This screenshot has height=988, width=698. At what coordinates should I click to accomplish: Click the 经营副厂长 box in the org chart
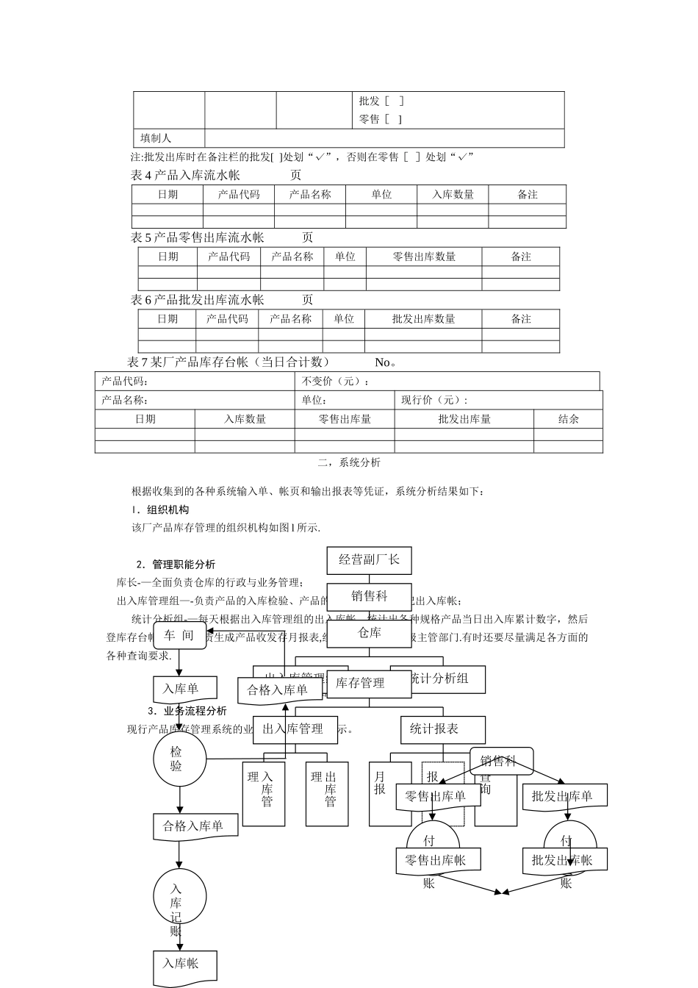click(369, 560)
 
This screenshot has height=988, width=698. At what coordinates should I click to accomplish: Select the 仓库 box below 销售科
click(369, 633)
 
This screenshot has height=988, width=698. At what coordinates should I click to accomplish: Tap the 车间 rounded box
click(179, 636)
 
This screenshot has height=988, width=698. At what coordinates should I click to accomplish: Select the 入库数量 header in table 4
click(453, 195)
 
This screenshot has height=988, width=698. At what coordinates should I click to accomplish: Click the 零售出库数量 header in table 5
click(424, 257)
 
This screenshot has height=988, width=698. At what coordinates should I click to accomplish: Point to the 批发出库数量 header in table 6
click(423, 319)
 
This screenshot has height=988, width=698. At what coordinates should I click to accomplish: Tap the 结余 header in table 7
click(568, 419)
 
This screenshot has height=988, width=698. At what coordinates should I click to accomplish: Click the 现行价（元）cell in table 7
click(433, 401)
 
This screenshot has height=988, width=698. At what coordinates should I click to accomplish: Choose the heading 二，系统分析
click(349, 463)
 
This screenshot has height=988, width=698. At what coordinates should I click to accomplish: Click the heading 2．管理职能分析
click(176, 565)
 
